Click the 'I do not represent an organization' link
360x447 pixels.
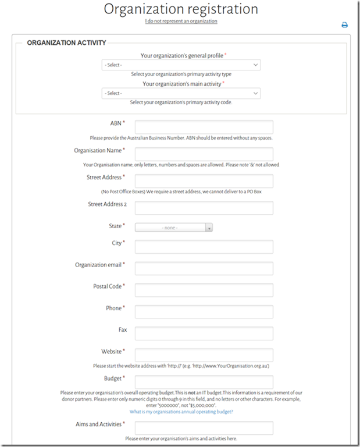[181, 21]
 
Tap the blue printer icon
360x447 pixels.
[344, 25]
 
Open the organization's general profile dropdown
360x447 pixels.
[181, 65]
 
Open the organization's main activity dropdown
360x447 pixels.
[181, 93]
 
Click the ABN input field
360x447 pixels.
[204, 127]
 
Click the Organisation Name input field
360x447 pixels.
[204, 154]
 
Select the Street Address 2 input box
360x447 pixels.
[204, 208]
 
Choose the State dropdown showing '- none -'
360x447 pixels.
[174, 228]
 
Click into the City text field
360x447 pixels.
[204, 247]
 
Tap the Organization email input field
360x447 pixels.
[204, 268]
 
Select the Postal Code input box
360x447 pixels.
[204, 290]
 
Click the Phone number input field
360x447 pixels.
[204, 311]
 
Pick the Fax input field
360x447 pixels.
[204, 333]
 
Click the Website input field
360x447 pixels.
[204, 355]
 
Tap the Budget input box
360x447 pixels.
[204, 382]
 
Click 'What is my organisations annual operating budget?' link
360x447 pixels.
[181, 411]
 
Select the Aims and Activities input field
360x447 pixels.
[204, 428]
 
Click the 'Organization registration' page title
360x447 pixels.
[181, 9]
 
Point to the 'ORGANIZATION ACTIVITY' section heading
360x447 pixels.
[66, 42]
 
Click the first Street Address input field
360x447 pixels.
[204, 181]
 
